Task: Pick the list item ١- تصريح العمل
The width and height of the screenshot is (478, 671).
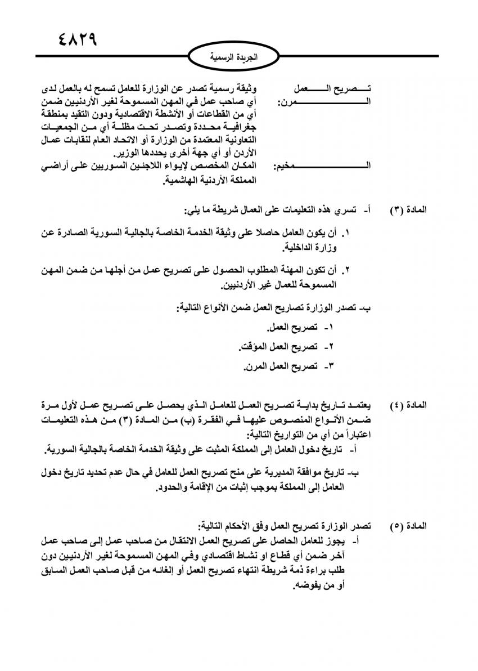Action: coord(300,327)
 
